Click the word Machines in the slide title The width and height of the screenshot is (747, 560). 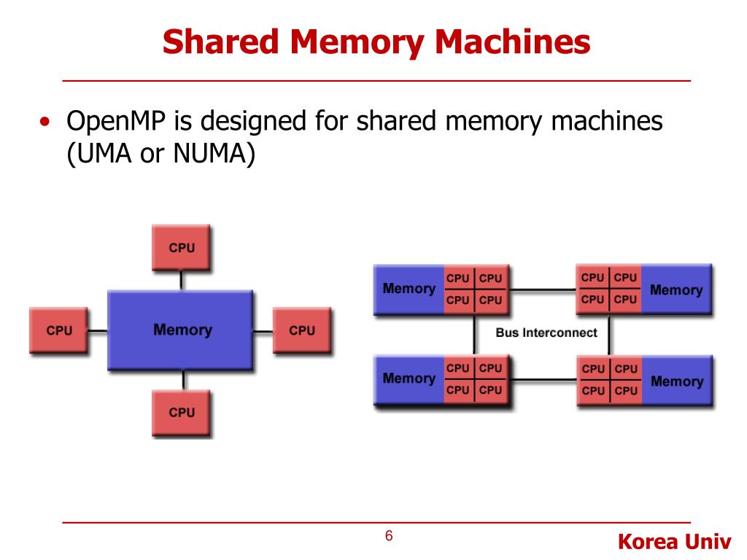tap(513, 42)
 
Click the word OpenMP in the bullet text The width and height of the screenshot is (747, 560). tap(116, 122)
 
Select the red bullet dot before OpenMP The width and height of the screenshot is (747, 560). tap(44, 122)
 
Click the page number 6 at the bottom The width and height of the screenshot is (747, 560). tap(389, 536)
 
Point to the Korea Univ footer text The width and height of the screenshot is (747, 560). tap(674, 542)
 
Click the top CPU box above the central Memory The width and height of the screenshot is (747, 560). tap(181, 248)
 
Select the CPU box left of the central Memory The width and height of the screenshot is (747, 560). tap(58, 330)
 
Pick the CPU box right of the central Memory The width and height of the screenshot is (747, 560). tap(302, 330)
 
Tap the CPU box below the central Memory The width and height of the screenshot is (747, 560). tap(181, 413)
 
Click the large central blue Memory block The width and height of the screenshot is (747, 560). tap(181, 330)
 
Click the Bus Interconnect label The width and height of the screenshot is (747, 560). tap(546, 332)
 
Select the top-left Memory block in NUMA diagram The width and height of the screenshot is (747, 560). tap(409, 289)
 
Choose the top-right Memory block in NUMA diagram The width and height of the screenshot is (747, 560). tap(676, 289)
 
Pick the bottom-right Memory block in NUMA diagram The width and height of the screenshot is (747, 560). tap(677, 381)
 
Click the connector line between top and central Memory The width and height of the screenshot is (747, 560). tap(181, 281)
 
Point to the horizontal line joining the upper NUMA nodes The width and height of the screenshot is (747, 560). tap(543, 289)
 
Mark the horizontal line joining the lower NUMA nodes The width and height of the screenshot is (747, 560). tap(543, 380)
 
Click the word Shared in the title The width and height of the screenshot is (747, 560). tap(220, 42)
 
